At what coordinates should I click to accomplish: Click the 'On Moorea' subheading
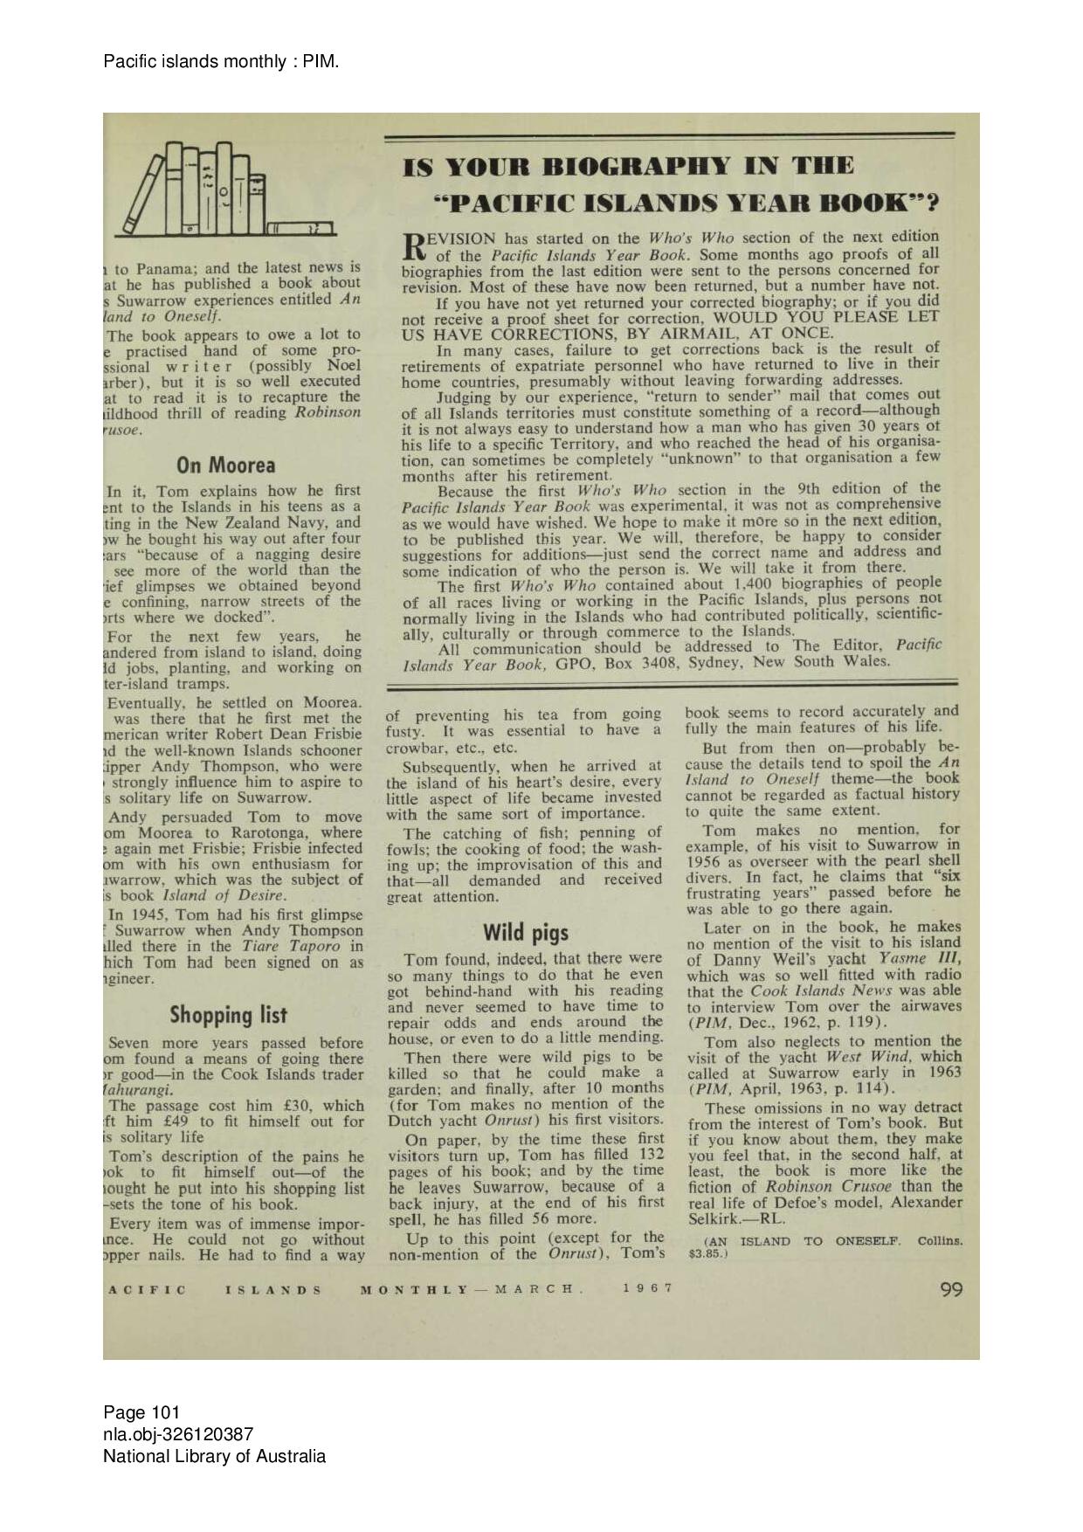click(225, 465)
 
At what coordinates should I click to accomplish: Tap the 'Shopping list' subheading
click(228, 1015)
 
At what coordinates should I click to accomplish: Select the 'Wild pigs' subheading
click(525, 932)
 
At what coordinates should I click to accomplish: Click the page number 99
click(951, 1289)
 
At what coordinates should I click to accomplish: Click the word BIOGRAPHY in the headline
click(635, 167)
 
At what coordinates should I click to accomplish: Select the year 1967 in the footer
click(648, 1288)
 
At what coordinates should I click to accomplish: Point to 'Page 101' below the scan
click(141, 1412)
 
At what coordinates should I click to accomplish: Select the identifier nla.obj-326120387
click(178, 1434)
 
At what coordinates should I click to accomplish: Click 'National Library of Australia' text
click(214, 1456)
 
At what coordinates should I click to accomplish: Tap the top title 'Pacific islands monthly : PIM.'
click(221, 61)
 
